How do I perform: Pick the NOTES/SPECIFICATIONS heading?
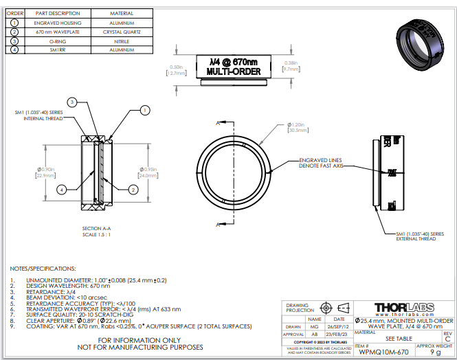tap(43, 268)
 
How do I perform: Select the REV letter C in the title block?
tap(447, 339)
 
